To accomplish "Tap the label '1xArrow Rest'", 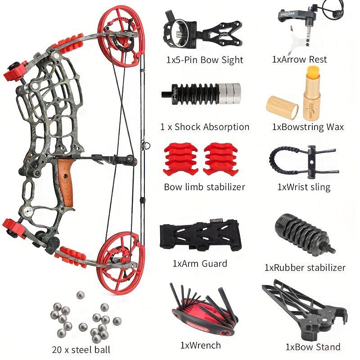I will coord(299,59).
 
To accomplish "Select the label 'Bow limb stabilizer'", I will coord(204,186).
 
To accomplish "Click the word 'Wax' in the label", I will coord(334,127).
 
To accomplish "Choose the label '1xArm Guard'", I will coord(200,263).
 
